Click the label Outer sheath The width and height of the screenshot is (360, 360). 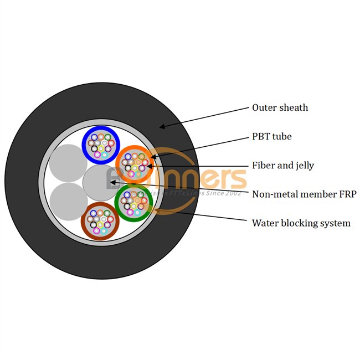point(280,107)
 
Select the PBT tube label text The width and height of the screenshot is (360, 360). point(271,136)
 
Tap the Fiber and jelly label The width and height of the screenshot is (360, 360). point(283,165)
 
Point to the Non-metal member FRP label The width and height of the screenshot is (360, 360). point(304,194)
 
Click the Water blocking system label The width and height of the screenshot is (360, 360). point(301,223)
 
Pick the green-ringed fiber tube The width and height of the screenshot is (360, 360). point(133,203)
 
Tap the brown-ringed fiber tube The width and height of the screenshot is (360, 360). point(100,221)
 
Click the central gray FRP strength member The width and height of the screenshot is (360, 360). point(100,182)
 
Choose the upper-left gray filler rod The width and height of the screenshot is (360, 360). point(68,162)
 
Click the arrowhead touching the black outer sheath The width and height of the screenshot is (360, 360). point(161,127)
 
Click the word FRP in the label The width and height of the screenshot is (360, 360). point(346,194)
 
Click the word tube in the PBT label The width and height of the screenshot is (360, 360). point(281,136)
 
